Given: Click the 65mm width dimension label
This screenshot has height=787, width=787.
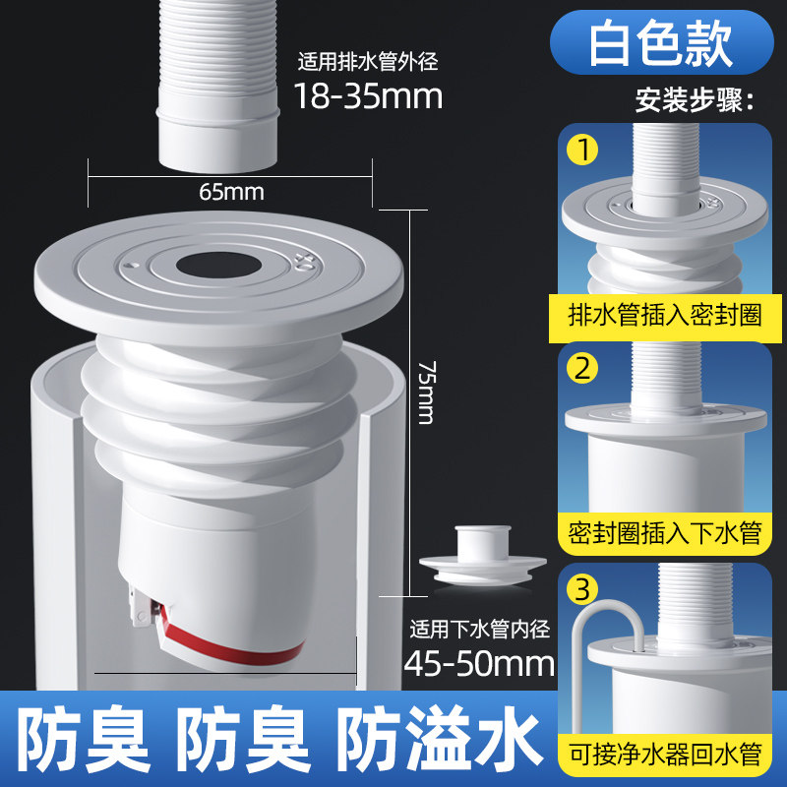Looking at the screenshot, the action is click(x=231, y=192).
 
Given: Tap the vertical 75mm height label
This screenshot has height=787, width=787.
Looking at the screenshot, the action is click(x=428, y=392).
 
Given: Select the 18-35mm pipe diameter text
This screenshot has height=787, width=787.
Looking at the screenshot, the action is click(x=368, y=95).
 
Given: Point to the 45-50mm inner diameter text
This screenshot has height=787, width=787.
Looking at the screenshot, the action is click(x=479, y=663).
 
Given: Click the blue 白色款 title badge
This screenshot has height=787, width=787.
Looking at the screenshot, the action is click(x=661, y=43).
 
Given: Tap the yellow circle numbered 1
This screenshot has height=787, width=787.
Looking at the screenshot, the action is click(x=582, y=150).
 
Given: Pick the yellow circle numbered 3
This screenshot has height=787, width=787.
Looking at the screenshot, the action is click(x=582, y=588).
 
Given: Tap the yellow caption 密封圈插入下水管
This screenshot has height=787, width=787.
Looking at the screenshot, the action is click(x=665, y=533).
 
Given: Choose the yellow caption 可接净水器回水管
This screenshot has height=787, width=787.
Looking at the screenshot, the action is click(x=665, y=755).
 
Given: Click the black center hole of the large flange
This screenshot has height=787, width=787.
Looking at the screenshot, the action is click(x=218, y=266).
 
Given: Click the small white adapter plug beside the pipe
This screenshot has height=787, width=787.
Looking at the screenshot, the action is click(x=483, y=556).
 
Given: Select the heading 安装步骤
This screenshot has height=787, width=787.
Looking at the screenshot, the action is click(x=695, y=100).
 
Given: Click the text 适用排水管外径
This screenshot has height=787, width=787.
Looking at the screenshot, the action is click(x=368, y=62).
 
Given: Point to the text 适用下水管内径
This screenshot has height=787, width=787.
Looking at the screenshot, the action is click(x=479, y=629).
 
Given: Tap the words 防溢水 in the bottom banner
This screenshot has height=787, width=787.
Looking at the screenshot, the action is click(x=441, y=737).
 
